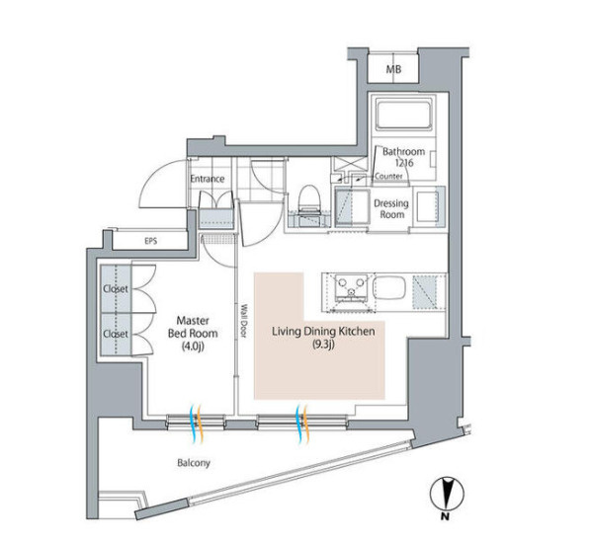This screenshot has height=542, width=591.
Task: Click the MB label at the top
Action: pos(393,70)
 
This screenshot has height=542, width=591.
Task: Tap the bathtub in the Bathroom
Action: pos(403,116)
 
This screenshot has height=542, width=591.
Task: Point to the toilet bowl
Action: pos(309,198)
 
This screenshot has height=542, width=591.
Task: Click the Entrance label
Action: pos(208,179)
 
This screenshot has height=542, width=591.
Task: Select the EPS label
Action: pos(151,241)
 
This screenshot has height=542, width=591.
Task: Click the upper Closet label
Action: pos(116,288)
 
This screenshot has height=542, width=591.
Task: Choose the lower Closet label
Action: pos(116,334)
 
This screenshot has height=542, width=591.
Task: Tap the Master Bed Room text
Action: pos(193,327)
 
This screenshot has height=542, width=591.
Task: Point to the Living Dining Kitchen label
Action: pos(323,332)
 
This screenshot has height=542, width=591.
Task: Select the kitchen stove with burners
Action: pos(352,288)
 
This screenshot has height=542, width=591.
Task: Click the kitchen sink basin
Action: pos(389,288)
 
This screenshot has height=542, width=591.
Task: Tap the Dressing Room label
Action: pos(391,209)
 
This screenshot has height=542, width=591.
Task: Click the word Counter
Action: pos(388,176)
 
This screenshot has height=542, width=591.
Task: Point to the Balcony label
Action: pos(194,463)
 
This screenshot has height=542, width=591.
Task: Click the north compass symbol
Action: pos(447,494)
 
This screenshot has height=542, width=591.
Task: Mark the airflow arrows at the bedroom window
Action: pos(197,424)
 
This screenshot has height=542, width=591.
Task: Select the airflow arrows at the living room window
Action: pos(303,424)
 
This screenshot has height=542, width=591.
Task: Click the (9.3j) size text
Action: pos(323,344)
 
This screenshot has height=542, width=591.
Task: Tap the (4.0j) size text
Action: pos(193,346)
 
